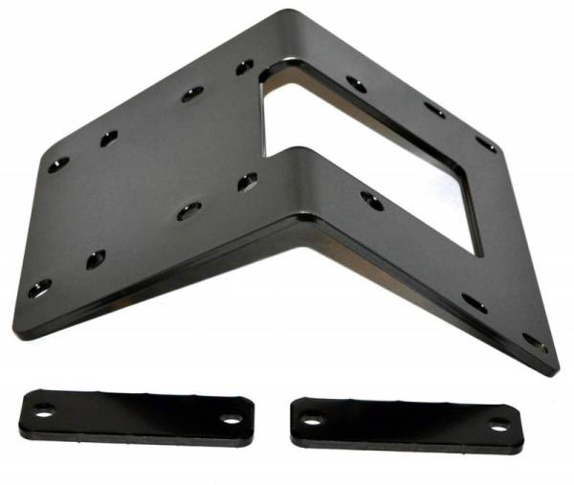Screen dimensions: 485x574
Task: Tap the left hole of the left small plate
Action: point(43,408)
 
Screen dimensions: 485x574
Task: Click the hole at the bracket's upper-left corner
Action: point(57,165)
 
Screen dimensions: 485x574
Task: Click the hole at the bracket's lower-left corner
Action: point(38,286)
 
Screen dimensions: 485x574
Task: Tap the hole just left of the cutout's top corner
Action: point(245,68)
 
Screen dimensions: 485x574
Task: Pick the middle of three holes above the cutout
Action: point(433,110)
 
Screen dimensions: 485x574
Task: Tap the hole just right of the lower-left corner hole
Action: point(96,257)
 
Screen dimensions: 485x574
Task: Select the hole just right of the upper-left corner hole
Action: point(108,139)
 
